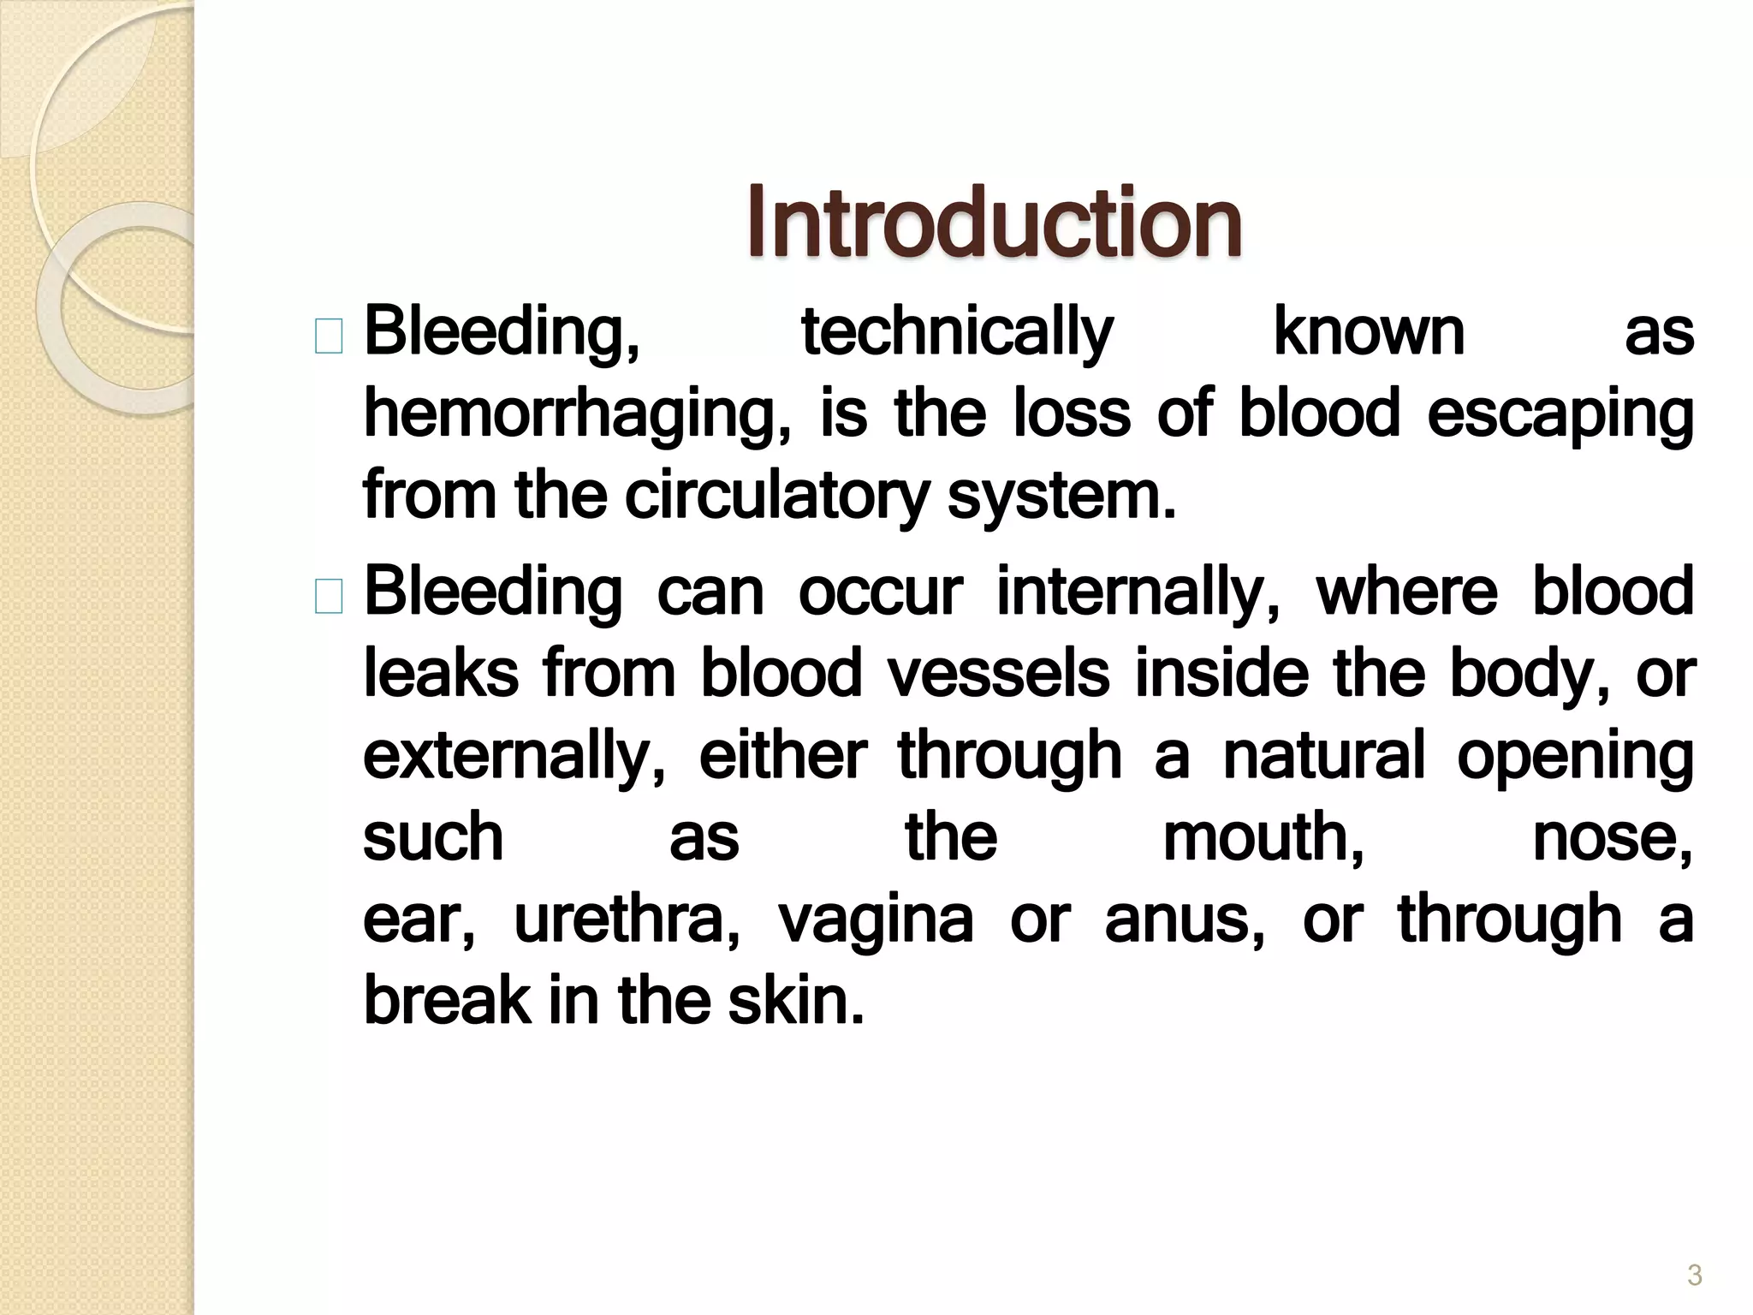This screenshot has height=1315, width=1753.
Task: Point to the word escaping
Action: (x=1560, y=414)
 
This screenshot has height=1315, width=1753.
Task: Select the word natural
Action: (x=1324, y=755)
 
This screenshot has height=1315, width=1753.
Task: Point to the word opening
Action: (x=1575, y=755)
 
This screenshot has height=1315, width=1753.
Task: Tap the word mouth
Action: (x=1263, y=837)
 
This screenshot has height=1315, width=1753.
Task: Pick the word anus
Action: (x=1185, y=919)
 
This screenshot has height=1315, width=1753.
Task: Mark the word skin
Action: (x=796, y=1000)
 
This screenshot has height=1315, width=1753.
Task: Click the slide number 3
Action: (x=1694, y=1276)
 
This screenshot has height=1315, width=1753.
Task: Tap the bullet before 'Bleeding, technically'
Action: (x=329, y=336)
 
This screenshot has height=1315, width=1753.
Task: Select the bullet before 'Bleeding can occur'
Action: (x=329, y=596)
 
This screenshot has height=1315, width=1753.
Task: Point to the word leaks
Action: (x=441, y=673)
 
